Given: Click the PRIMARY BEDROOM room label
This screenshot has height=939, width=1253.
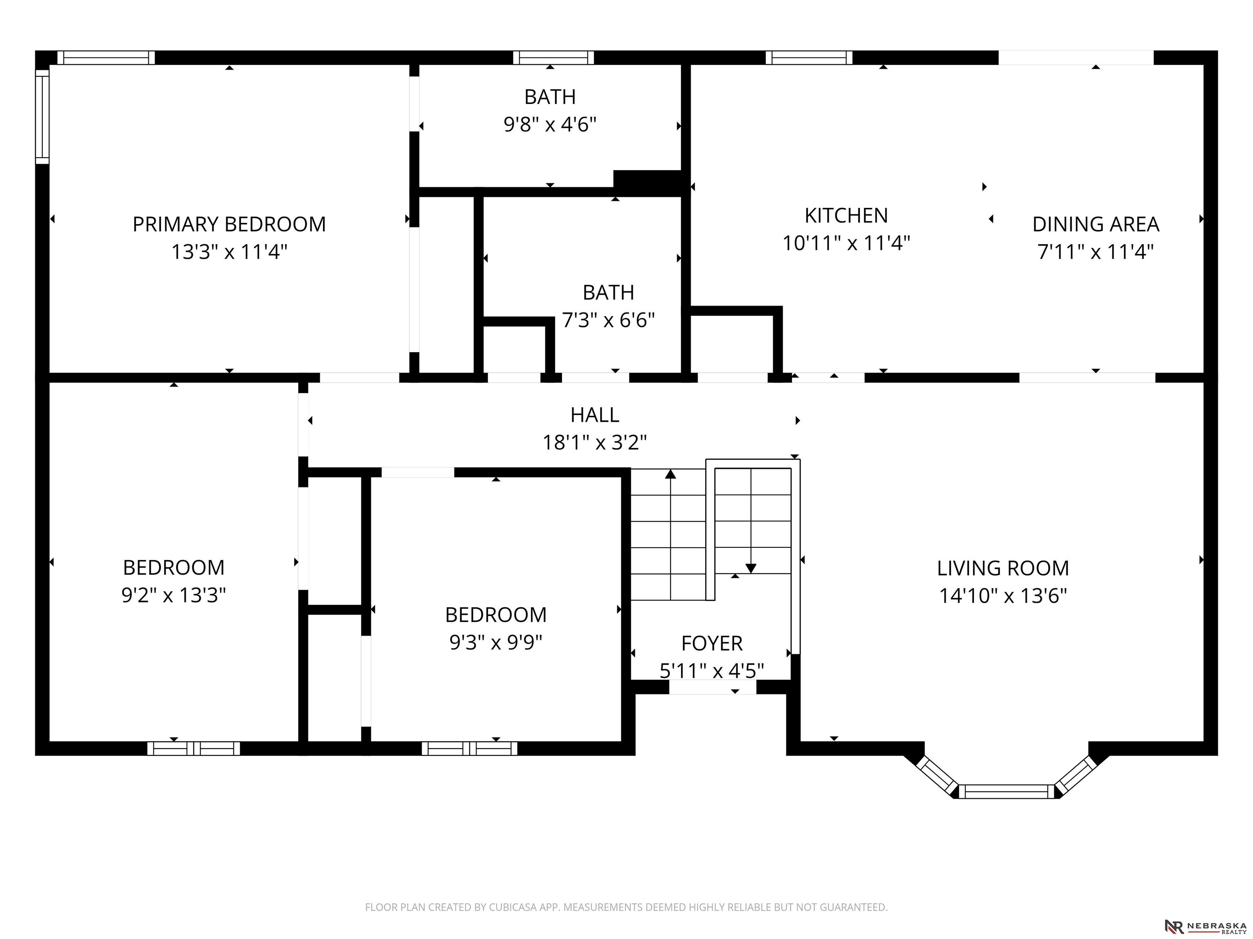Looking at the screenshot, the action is coord(229,224).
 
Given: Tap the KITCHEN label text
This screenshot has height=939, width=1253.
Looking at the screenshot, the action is coord(846,216).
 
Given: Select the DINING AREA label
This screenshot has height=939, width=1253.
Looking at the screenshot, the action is coord(1096,224).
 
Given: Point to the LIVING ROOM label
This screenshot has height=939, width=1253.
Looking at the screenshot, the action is coord(1003,568).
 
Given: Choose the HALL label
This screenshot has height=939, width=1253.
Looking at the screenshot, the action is coord(595,415).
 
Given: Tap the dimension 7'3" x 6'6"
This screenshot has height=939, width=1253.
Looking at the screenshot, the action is coord(609,320).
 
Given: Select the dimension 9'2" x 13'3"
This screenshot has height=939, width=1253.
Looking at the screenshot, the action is coord(173,595).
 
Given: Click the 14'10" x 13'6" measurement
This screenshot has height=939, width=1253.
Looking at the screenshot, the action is coord(1003,595).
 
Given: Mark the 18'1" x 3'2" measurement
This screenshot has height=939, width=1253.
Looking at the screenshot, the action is coord(595,442).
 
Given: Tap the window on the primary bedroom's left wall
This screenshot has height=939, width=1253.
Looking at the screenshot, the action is coord(42,117).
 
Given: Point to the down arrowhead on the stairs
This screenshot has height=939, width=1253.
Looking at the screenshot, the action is coord(751,568).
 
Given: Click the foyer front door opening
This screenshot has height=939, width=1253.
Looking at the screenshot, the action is coord(713,687).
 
